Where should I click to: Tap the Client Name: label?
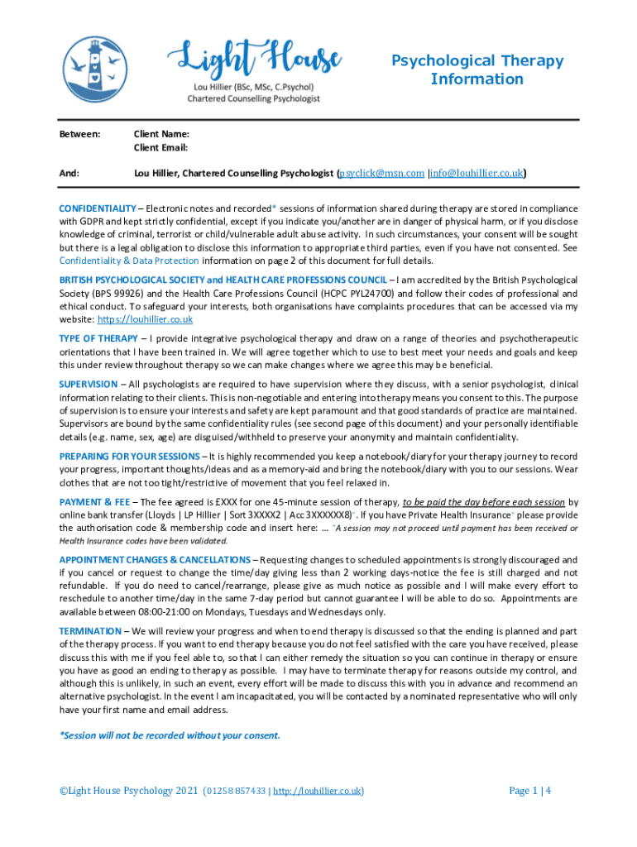[162, 134]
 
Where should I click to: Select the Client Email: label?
[161, 147]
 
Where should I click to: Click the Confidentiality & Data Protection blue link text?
[129, 261]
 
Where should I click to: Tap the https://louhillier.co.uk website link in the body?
[146, 319]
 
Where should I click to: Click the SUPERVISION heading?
[89, 385]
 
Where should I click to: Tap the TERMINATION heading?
[90, 631]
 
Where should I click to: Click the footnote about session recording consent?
[170, 735]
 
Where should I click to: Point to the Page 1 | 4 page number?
[530, 791]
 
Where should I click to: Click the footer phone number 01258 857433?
[236, 792]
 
